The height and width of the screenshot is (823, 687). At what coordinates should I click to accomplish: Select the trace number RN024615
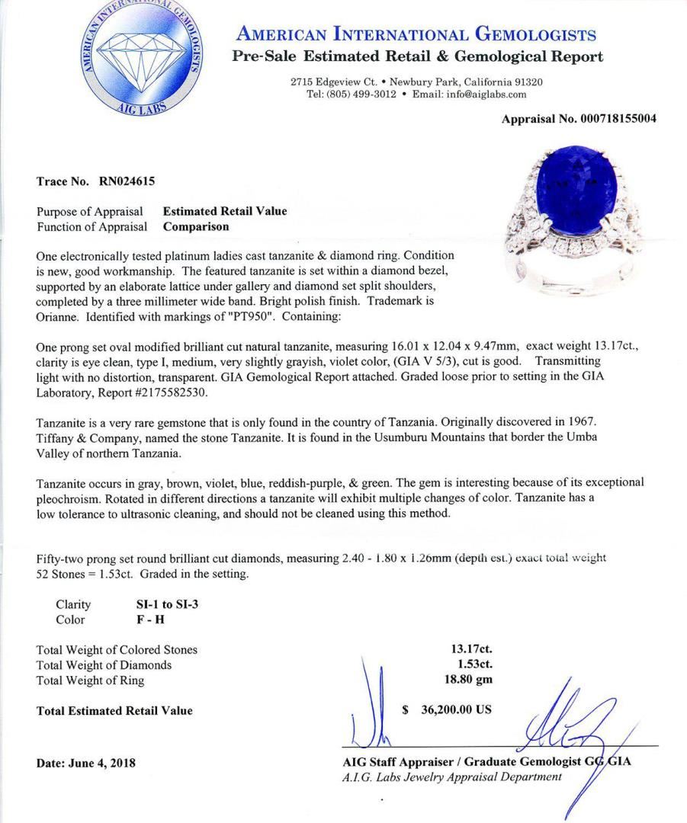pos(127,181)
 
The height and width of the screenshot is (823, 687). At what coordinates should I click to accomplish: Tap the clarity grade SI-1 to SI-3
pos(167,604)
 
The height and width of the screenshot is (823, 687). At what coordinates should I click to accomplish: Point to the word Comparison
pos(196,226)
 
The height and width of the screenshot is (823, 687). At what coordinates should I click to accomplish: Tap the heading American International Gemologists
pos(416,34)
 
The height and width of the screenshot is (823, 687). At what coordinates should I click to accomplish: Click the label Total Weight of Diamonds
pos(104,665)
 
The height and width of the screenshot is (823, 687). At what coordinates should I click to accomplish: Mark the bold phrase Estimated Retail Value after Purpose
pos(225,211)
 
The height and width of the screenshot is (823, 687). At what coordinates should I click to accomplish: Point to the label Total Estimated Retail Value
pos(114,711)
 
